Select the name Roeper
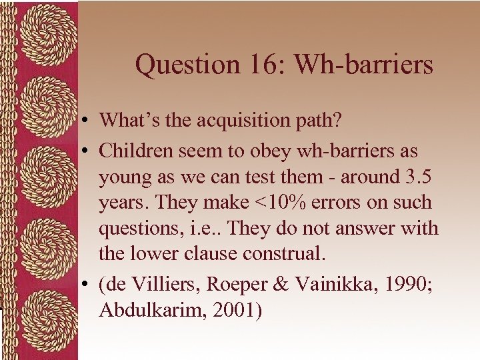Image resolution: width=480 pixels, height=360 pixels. (233, 285)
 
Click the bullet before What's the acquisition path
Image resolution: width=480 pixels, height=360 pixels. (87, 121)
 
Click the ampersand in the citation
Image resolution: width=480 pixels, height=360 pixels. (281, 285)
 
